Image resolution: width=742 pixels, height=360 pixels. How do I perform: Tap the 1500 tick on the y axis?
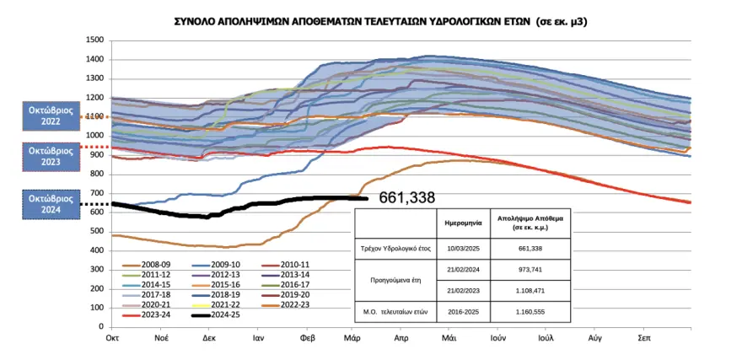94,40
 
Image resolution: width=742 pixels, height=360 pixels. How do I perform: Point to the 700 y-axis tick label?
96,193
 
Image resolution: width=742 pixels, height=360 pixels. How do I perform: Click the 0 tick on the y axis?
100,327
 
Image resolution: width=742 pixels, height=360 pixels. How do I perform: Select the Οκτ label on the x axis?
111,337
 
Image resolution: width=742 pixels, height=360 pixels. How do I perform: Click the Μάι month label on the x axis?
448,337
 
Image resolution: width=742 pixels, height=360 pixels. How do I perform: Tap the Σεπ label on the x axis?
643,337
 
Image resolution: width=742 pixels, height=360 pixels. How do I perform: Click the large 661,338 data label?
407,198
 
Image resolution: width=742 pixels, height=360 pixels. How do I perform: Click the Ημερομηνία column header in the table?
464,223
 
